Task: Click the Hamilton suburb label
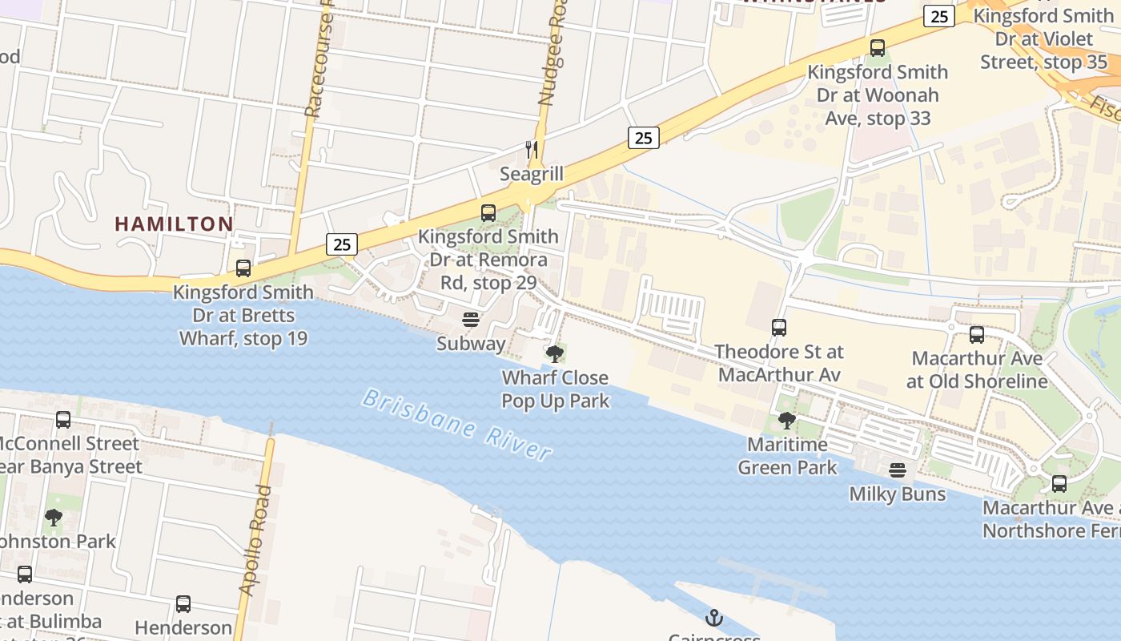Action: (x=174, y=224)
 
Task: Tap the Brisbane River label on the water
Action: (x=457, y=425)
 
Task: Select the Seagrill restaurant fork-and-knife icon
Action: (x=531, y=149)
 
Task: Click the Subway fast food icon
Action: (x=471, y=320)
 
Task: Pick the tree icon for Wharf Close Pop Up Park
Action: (x=554, y=353)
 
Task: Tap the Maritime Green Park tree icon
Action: (x=787, y=420)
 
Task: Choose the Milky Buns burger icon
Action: (x=897, y=470)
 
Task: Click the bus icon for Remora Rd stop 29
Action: (x=488, y=213)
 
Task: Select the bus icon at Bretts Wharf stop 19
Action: (x=243, y=268)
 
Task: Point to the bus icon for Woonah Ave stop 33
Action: (x=878, y=48)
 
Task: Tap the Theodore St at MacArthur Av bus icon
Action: (x=779, y=328)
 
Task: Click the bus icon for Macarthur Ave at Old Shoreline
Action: (x=977, y=335)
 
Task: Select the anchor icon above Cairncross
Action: (x=713, y=617)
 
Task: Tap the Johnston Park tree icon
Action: (x=54, y=518)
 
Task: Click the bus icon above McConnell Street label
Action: (x=63, y=420)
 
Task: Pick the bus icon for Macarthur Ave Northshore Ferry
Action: (x=1059, y=484)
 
